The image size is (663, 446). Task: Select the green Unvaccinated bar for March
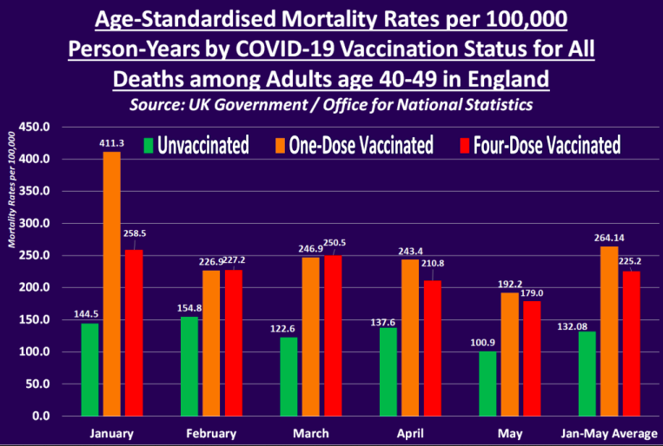point(288,376)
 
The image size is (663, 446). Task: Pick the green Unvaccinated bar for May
point(487,383)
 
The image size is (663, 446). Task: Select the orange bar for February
point(211,343)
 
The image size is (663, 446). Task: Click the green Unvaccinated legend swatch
point(149,144)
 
